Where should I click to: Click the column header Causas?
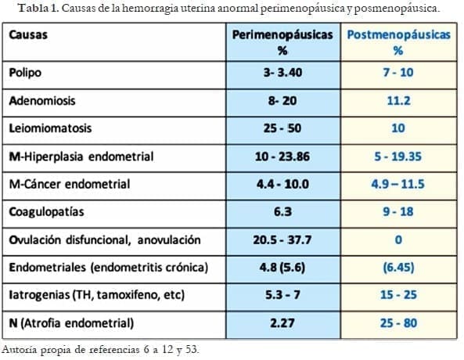[29, 36]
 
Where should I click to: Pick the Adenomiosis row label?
[42, 100]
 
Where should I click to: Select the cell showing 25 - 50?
[282, 128]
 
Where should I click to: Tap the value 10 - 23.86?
[282, 157]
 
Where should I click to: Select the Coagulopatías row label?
[45, 212]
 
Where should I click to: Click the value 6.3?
[282, 212]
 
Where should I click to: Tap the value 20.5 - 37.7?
[282, 240]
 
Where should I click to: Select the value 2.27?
[282, 323]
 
